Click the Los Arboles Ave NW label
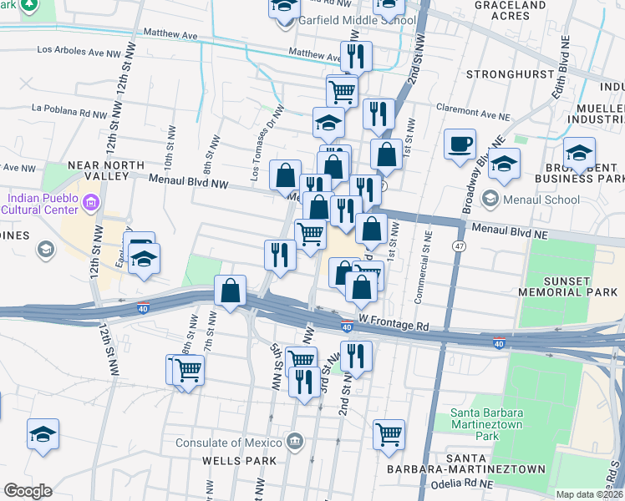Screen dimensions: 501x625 point(79,52)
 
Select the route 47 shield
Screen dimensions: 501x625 point(460,247)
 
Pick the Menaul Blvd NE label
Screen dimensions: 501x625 point(506,227)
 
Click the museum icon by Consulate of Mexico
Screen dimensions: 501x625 point(294,441)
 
